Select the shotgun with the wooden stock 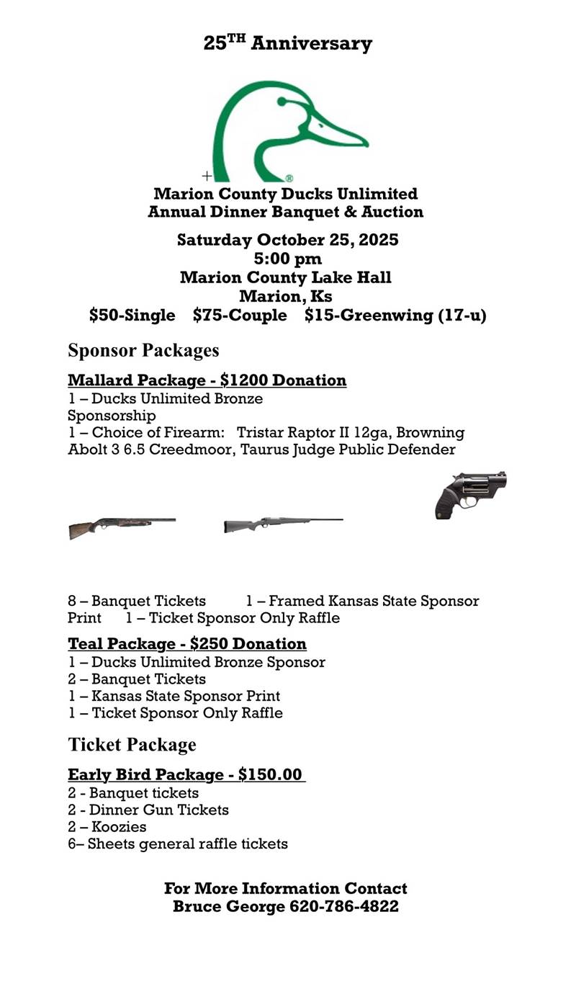pyautogui.click(x=121, y=527)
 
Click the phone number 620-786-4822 pyautogui.click(x=344, y=906)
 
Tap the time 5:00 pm pyautogui.click(x=287, y=259)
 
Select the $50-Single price pyautogui.click(x=132, y=316)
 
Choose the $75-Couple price pyautogui.click(x=240, y=316)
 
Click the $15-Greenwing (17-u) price pyautogui.click(x=395, y=316)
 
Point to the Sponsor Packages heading pyautogui.click(x=143, y=351)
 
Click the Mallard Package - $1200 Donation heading pyautogui.click(x=207, y=380)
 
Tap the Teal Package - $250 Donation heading pyautogui.click(x=187, y=643)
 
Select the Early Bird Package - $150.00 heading pyautogui.click(x=185, y=775)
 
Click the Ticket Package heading pyautogui.click(x=132, y=744)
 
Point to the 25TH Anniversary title pyautogui.click(x=287, y=43)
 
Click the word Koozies pyautogui.click(x=119, y=827)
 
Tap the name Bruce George pyautogui.click(x=228, y=906)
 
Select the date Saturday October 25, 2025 pyautogui.click(x=287, y=240)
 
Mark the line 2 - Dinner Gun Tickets pyautogui.click(x=148, y=810)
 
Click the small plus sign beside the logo pyautogui.click(x=207, y=175)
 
